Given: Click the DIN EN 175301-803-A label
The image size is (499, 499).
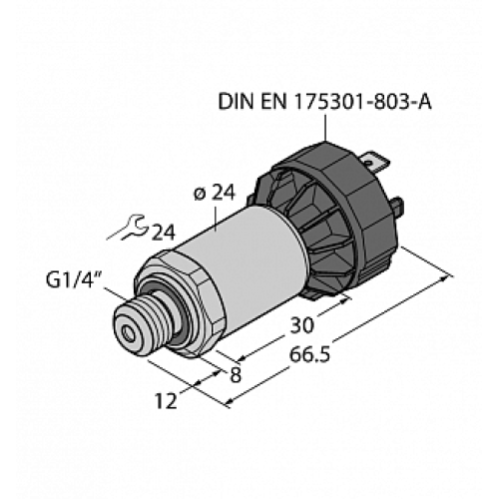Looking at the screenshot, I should [324, 101].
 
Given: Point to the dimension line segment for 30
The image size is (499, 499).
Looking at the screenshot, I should [289, 340].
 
